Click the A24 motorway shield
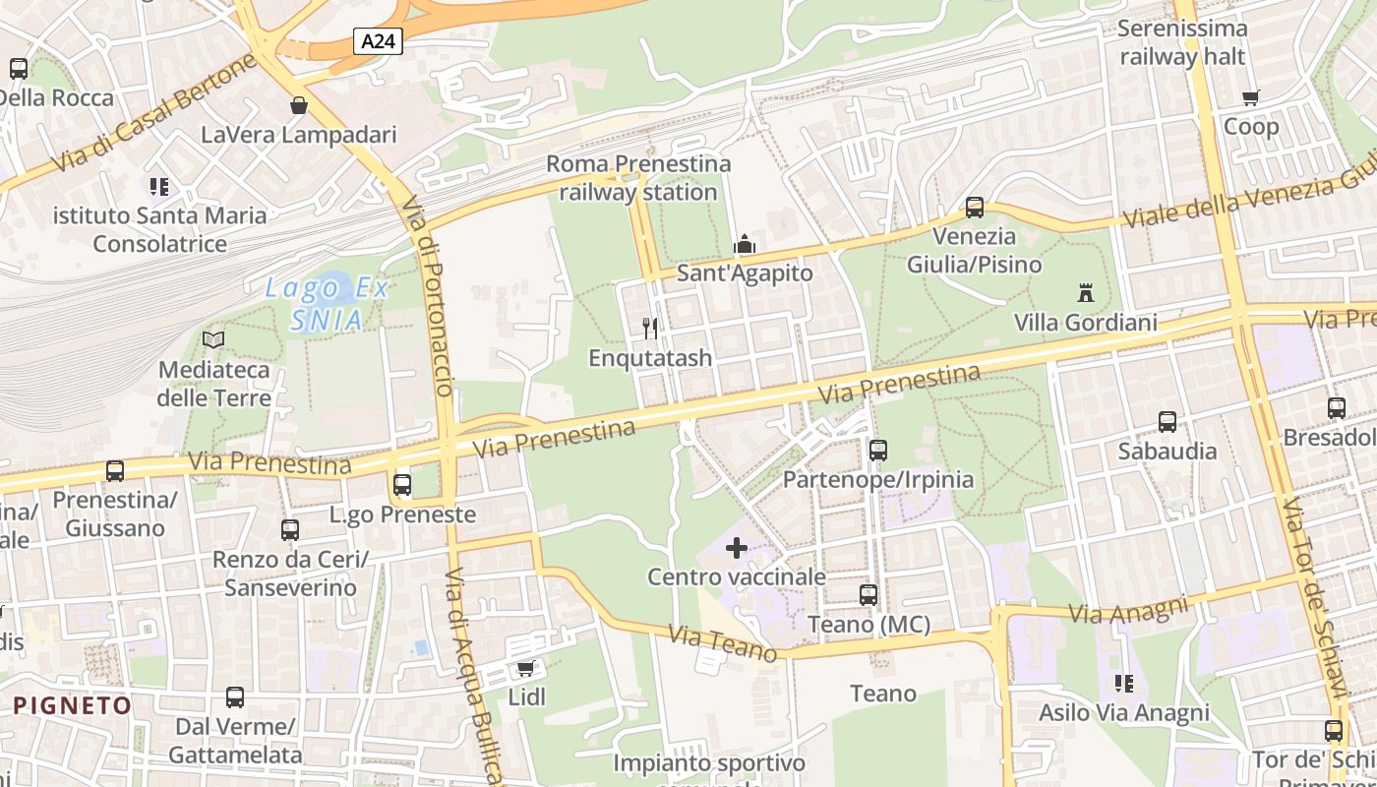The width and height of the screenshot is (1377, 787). pos(379,41)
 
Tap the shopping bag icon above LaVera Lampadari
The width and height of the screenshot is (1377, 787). pos(298,104)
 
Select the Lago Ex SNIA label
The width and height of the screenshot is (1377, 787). pos(328,303)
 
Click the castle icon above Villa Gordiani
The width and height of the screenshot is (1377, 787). pos(1086,293)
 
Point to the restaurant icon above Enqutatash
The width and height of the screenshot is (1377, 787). pos(649,328)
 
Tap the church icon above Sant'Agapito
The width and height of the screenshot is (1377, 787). pos(745,243)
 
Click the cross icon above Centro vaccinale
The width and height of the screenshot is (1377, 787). pos(736,548)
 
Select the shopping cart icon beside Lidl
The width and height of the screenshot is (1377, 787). pos(526,669)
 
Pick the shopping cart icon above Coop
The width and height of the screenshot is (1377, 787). pos(1250,97)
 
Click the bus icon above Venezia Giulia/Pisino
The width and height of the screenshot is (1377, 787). pos(974,208)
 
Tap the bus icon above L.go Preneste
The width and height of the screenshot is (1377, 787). pos(401,485)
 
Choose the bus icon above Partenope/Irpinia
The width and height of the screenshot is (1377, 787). pos(877,451)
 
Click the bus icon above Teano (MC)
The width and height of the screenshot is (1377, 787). pos(868,595)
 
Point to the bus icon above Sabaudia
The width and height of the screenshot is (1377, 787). pos(1167,422)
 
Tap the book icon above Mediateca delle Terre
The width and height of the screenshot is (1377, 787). pos(213,340)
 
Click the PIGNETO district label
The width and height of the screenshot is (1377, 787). pos(73,705)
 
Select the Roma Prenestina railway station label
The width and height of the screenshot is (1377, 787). pos(638,178)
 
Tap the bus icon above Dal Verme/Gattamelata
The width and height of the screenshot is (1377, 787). pos(235,697)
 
